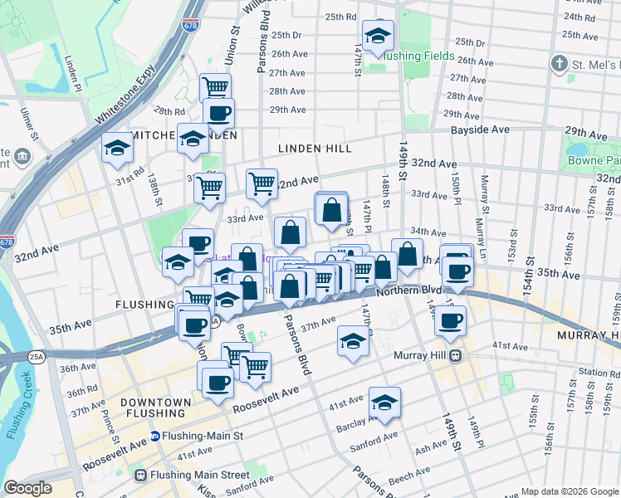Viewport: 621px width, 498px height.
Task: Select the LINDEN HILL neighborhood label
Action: click(x=315, y=149)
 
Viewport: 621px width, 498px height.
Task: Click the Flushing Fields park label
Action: click(x=419, y=56)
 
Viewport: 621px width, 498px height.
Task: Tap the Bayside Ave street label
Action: click(x=480, y=130)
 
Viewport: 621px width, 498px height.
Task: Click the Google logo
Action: click(x=27, y=487)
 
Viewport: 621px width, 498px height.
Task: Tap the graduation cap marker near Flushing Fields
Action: click(x=378, y=37)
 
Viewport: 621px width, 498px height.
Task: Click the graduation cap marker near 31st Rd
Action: click(x=117, y=149)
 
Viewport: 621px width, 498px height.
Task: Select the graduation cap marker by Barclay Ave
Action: click(x=384, y=403)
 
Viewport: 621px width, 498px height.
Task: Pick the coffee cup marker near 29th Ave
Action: click(x=218, y=114)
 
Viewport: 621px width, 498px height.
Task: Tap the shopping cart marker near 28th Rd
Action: click(x=215, y=87)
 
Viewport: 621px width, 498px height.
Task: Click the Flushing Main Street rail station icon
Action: click(x=142, y=476)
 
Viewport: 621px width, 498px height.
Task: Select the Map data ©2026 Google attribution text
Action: click(x=569, y=491)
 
